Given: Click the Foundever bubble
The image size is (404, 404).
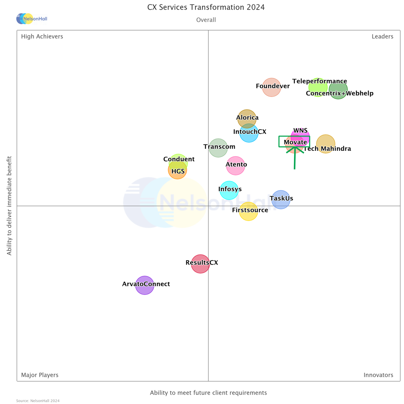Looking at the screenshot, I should click(271, 87).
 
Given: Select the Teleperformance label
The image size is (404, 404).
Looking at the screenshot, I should click(320, 81).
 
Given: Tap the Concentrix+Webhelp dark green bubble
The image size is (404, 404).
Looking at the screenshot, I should click(338, 89).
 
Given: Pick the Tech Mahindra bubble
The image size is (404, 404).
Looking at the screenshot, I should click(326, 144).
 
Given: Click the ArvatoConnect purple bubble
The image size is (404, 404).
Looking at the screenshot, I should click(145, 285).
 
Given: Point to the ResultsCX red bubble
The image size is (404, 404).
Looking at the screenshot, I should click(200, 264).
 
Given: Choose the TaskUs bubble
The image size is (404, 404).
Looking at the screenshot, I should click(281, 199).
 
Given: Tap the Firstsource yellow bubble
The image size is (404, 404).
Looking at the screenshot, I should click(248, 211).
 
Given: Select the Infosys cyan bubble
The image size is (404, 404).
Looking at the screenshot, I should click(229, 190).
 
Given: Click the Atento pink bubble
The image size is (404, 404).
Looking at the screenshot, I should click(236, 166).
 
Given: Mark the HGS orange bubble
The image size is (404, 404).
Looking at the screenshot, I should click(177, 170).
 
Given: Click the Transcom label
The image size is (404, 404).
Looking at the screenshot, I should click(219, 147).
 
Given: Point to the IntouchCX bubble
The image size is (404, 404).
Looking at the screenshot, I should click(249, 133).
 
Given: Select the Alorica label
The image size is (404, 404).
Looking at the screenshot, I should click(247, 118).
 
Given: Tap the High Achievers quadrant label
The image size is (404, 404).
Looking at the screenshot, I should click(42, 36).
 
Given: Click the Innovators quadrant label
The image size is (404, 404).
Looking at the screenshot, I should click(378, 375).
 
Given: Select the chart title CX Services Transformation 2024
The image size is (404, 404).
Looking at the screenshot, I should click(206, 7).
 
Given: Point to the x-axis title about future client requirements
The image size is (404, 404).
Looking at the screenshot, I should click(208, 393).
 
